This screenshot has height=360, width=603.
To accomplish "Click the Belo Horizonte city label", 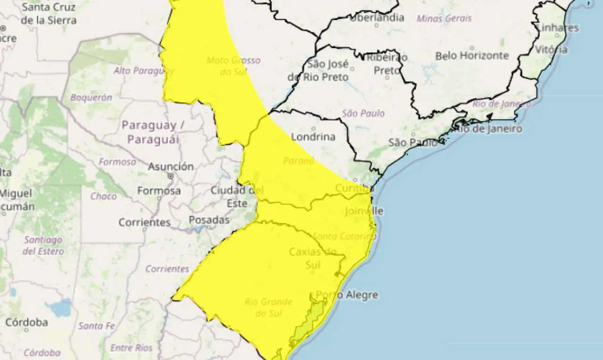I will click(x=472, y=56).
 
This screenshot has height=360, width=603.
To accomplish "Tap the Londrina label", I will click(x=313, y=137).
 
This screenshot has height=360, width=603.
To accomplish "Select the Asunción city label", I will click(x=171, y=166).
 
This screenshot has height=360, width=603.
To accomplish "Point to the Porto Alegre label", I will click(x=347, y=295).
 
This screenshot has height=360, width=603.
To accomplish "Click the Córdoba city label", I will click(x=26, y=323).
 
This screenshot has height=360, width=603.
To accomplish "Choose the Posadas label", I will click(x=209, y=220).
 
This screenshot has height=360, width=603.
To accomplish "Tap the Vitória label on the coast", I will click(x=551, y=49).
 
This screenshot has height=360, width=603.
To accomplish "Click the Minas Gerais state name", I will click(x=444, y=19).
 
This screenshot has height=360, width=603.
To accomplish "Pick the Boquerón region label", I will click(x=91, y=98).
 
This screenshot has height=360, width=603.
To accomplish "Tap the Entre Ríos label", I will click(x=131, y=348).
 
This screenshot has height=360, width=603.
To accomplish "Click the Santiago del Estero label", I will click(x=43, y=245).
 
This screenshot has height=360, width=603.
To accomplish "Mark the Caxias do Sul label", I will click(x=313, y=258).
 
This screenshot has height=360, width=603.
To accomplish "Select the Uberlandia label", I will click(x=376, y=18).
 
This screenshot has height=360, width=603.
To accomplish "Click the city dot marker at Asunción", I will click(x=171, y=176).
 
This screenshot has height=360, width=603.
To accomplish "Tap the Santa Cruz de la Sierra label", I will click(x=49, y=14).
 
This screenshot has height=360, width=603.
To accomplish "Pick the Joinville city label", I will click(x=364, y=211).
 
